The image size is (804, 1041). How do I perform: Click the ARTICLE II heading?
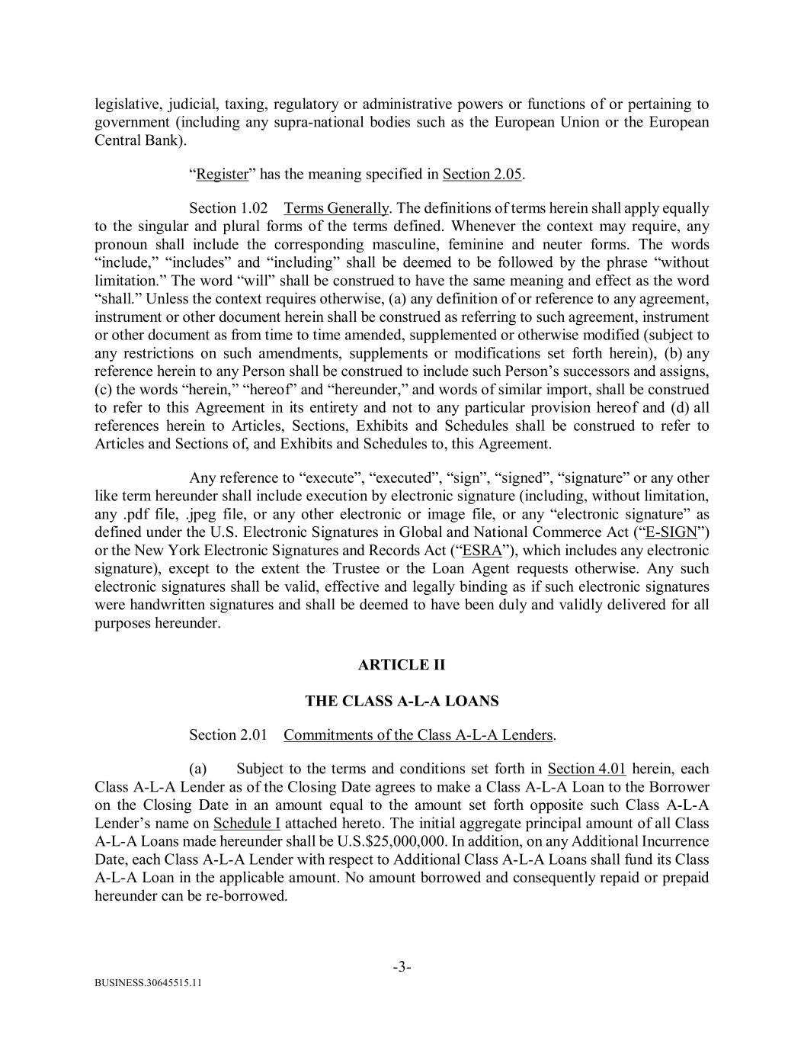[402, 665]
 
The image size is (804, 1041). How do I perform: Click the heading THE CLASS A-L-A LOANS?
[402, 700]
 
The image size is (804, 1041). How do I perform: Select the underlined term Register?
[222, 174]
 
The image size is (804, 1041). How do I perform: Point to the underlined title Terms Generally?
[336, 208]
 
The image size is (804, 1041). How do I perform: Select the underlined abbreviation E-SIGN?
[671, 532]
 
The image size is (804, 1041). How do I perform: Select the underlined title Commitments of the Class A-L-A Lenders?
[418, 734]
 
